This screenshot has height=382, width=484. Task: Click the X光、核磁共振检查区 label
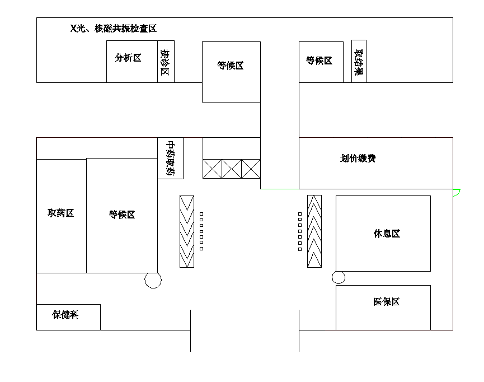coord(113,29)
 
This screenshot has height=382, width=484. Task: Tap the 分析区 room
coord(128,58)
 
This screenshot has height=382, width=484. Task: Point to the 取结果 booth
coord(359,61)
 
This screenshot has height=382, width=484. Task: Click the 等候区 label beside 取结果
coord(319,61)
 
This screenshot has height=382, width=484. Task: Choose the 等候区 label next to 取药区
coord(122,215)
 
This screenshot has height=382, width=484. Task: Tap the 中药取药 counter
coord(171,159)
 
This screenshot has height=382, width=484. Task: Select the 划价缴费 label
coord(358,159)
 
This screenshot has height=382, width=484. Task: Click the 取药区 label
coord(61,213)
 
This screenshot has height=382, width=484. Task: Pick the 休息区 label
coord(387,234)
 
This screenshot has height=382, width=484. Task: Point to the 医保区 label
coord(386,302)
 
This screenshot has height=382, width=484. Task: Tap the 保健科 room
coord(66,315)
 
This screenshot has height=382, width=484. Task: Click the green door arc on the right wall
coord(457,193)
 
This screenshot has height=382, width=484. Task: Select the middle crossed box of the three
coord(231,169)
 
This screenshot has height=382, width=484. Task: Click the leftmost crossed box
coord(212,169)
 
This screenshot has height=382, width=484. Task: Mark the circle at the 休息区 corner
coord(338,277)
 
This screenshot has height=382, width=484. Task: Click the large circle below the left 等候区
coord(153,280)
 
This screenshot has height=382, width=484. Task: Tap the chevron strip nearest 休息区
coord(314,231)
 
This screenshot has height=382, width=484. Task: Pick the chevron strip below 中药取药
coord(186,231)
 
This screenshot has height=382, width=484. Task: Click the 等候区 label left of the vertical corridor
coord(231,66)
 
